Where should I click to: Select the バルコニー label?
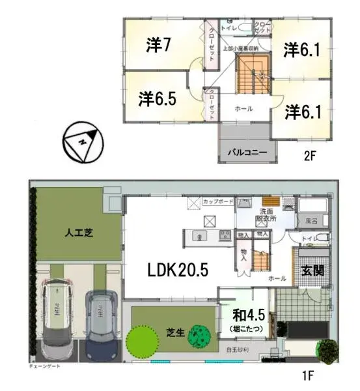247,152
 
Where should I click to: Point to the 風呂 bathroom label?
312,222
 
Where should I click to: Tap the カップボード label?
217,202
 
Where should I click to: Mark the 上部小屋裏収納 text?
240,49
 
